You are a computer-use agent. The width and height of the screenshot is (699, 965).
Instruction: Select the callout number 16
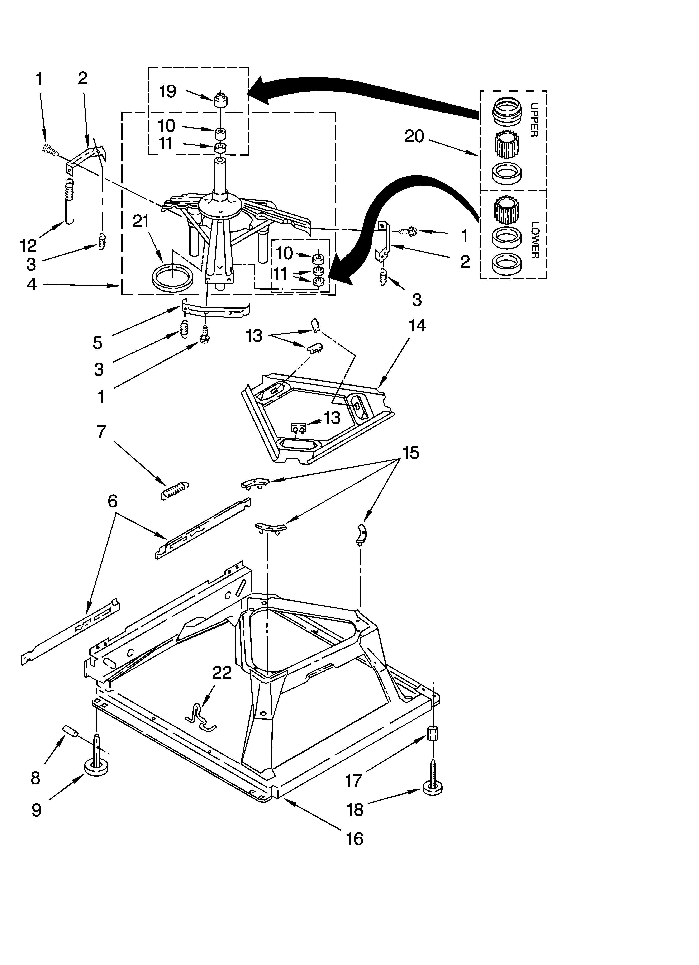tap(355, 838)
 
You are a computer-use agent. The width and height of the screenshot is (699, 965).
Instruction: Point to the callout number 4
tap(32, 284)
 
